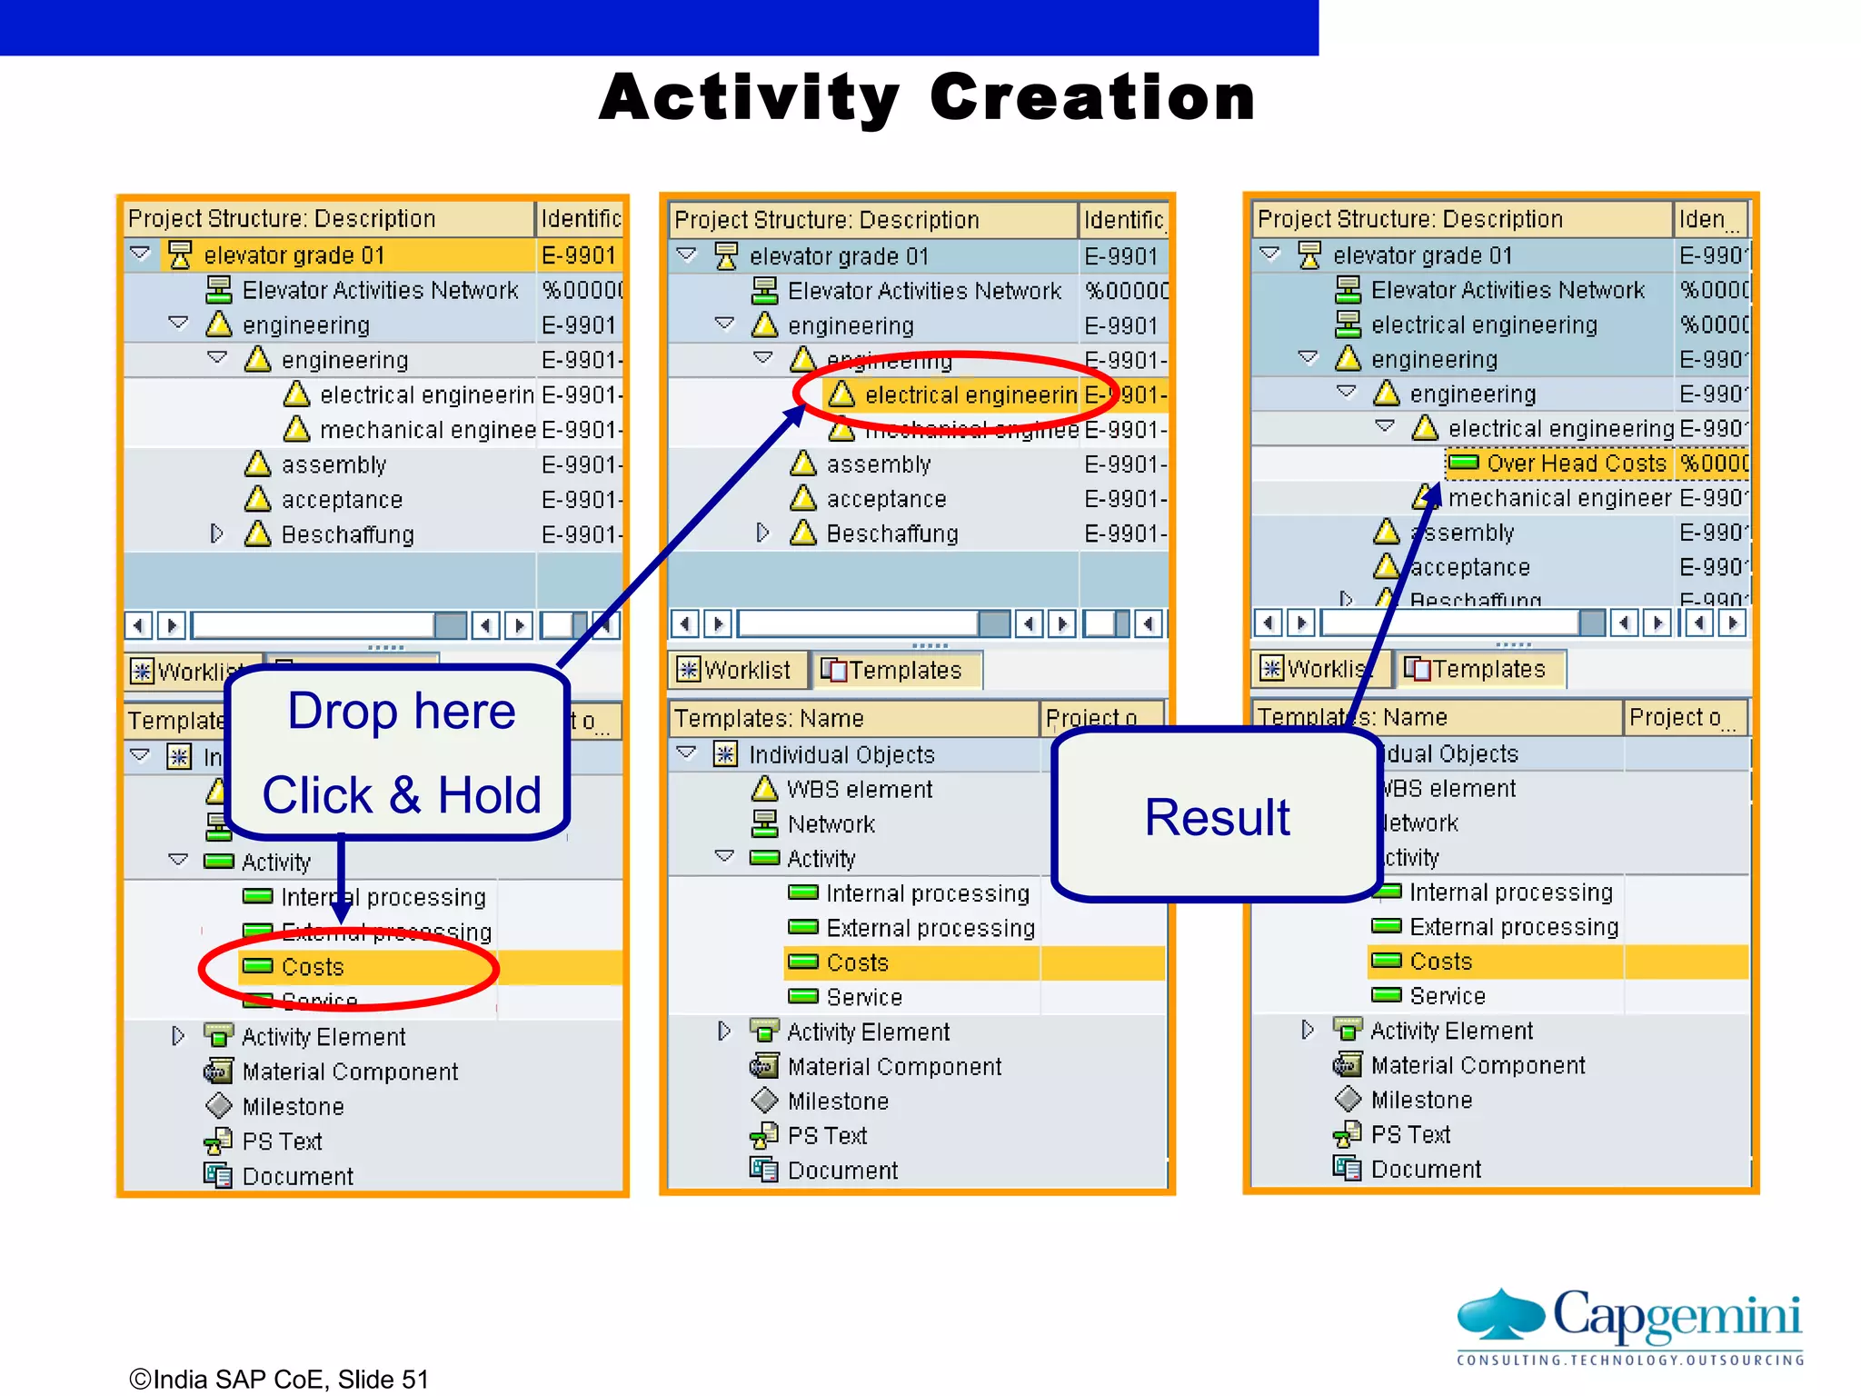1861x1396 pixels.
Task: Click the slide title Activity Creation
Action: pos(927,97)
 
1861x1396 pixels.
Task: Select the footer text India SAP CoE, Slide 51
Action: pos(279,1379)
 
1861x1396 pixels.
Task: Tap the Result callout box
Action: pos(1216,816)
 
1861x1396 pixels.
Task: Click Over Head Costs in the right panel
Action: pos(1576,464)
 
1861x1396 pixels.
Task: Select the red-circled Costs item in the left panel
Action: pos(313,967)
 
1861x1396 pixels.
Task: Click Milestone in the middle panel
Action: pos(837,1102)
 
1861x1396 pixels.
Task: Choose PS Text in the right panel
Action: pos(1409,1134)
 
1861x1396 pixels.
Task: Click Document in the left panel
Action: pos(297,1177)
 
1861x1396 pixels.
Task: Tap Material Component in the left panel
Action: pos(350,1072)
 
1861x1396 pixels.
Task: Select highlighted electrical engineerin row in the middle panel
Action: pos(970,395)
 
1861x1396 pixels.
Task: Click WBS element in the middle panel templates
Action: pos(859,789)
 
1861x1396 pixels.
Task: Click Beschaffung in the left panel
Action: pos(347,534)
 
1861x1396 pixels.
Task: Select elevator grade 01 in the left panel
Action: pos(294,255)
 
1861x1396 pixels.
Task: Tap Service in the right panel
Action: pos(1447,996)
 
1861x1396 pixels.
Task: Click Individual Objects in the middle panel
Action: pos(841,754)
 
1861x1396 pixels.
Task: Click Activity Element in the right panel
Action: pos(1450,1031)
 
